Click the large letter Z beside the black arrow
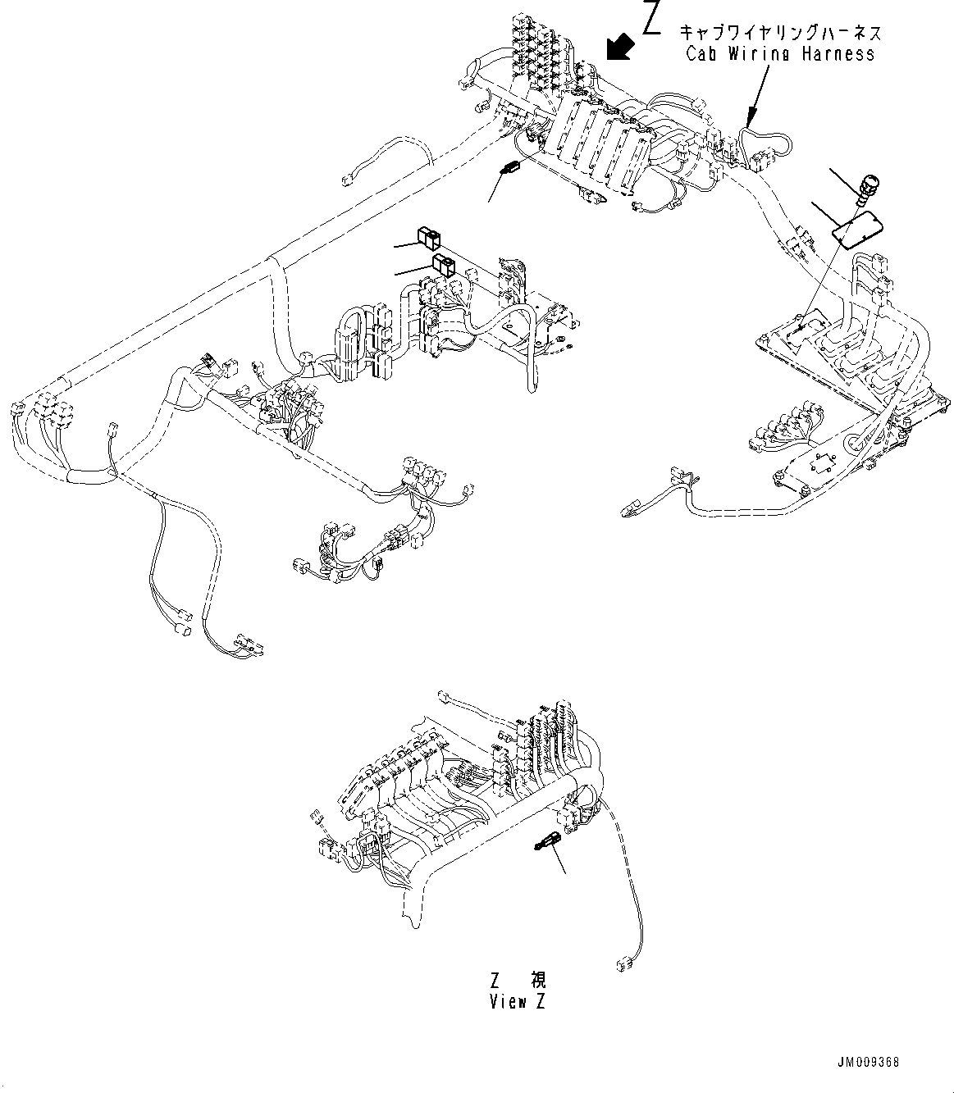tap(652, 19)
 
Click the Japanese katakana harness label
tap(779, 34)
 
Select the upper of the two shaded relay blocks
tap(428, 238)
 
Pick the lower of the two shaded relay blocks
tap(443, 264)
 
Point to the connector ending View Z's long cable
tap(627, 963)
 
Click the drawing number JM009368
tap(870, 1063)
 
